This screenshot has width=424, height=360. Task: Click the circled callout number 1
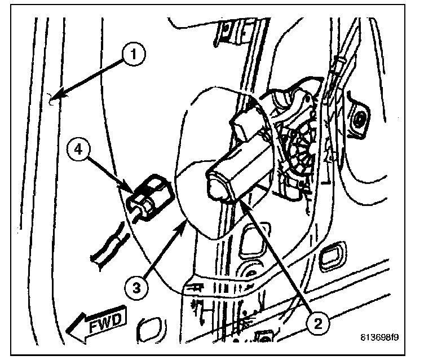133,55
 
